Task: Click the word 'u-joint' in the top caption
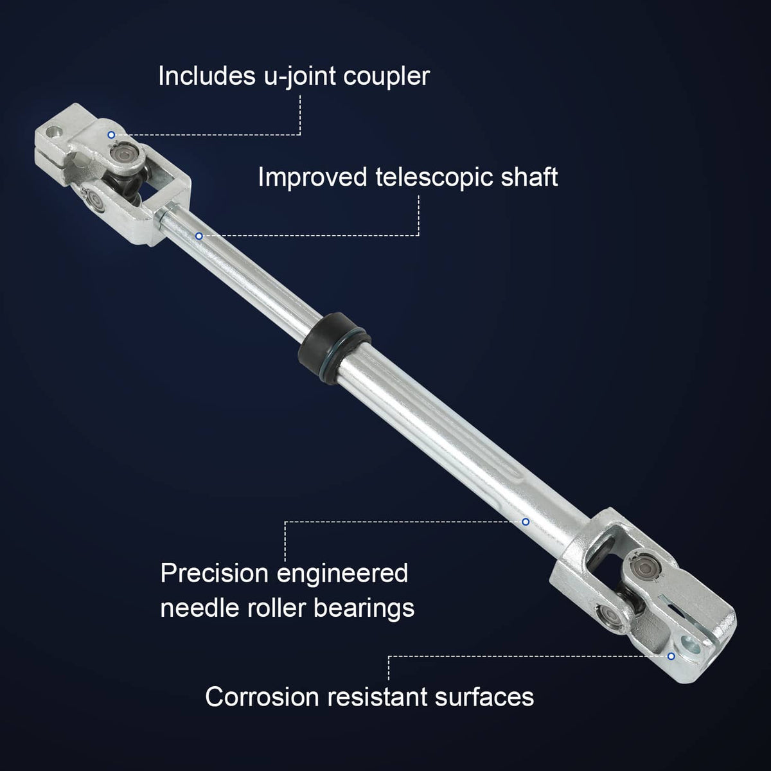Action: click(x=299, y=77)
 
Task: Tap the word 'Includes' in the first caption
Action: click(x=207, y=75)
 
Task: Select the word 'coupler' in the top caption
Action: click(x=387, y=78)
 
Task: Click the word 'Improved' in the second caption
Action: click(x=312, y=178)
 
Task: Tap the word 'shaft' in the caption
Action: click(x=529, y=177)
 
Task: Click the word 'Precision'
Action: click(x=214, y=573)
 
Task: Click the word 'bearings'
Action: click(x=364, y=609)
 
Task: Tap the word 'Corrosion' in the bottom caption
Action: click(x=262, y=697)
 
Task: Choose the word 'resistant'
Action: click(x=377, y=697)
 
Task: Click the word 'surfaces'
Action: click(x=484, y=697)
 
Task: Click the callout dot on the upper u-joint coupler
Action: click(x=111, y=135)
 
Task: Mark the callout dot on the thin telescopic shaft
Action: click(x=199, y=236)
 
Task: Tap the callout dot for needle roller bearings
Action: click(x=526, y=522)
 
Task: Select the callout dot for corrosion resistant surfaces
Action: click(x=671, y=656)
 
